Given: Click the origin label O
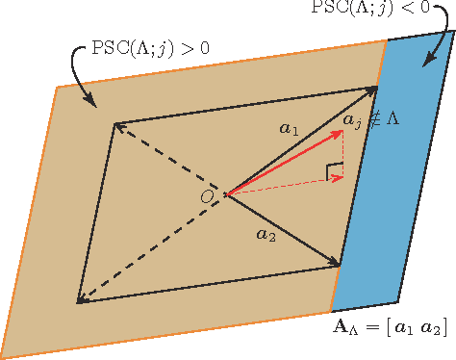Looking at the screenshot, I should (x=207, y=196).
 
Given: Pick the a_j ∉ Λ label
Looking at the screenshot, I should (x=378, y=120).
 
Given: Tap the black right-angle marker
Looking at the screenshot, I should (x=335, y=172).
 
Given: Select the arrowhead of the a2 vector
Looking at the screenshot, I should (x=336, y=263).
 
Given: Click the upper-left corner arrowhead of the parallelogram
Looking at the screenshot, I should (x=117, y=125).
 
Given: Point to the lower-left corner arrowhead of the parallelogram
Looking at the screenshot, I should (x=81, y=300).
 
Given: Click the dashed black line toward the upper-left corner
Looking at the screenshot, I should (x=168, y=160).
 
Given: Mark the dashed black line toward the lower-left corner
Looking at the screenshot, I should (x=149, y=249).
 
